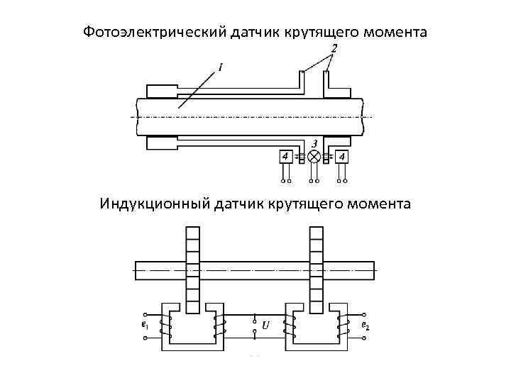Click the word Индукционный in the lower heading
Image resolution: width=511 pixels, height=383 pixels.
(155, 204)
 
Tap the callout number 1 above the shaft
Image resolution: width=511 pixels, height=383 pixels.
(221, 68)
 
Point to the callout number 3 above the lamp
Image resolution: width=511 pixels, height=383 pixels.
(314, 143)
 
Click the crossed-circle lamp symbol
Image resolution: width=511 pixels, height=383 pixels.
(314, 156)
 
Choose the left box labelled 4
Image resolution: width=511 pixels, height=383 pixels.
(285, 156)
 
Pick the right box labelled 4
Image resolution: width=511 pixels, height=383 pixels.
(343, 156)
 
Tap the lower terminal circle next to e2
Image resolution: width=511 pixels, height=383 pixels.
(365, 339)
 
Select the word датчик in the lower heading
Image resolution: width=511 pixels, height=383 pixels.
(238, 204)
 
